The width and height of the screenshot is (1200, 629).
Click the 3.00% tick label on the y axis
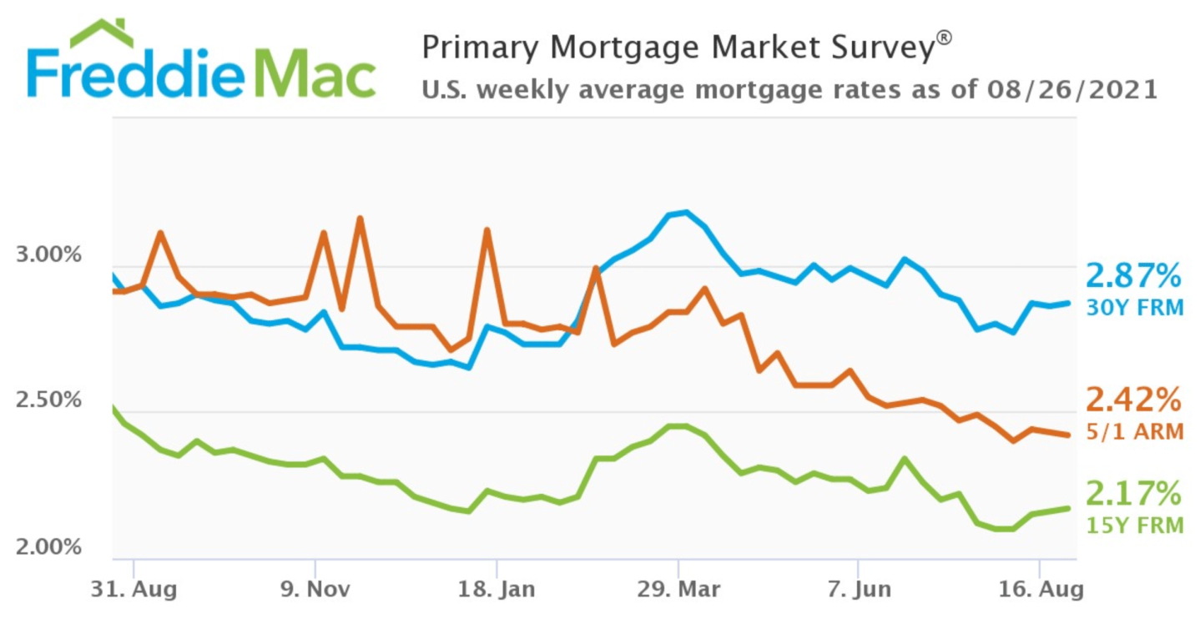click(48, 254)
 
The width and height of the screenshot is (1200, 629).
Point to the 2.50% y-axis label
click(48, 400)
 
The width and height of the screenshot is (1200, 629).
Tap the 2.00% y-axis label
click(48, 546)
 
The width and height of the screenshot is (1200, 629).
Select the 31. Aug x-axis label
click(134, 590)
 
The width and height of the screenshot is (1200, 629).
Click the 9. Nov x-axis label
click(315, 590)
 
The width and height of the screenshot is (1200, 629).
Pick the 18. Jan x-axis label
click(496, 590)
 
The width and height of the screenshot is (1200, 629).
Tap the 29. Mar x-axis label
click(678, 590)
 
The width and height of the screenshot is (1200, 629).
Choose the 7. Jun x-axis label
click(860, 590)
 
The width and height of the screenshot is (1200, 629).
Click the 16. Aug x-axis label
click(1041, 590)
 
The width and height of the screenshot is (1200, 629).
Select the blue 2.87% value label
click(1133, 275)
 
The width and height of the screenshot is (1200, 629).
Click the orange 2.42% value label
click(1133, 400)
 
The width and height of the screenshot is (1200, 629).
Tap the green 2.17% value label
click(1133, 493)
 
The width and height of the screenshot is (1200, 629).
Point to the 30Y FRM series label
click(1135, 308)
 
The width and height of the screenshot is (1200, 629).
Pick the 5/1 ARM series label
click(1135, 431)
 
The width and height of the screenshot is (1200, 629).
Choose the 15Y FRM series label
click(1135, 526)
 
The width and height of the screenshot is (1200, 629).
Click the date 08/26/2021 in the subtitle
click(1072, 89)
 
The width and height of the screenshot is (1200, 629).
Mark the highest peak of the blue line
click(686, 212)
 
